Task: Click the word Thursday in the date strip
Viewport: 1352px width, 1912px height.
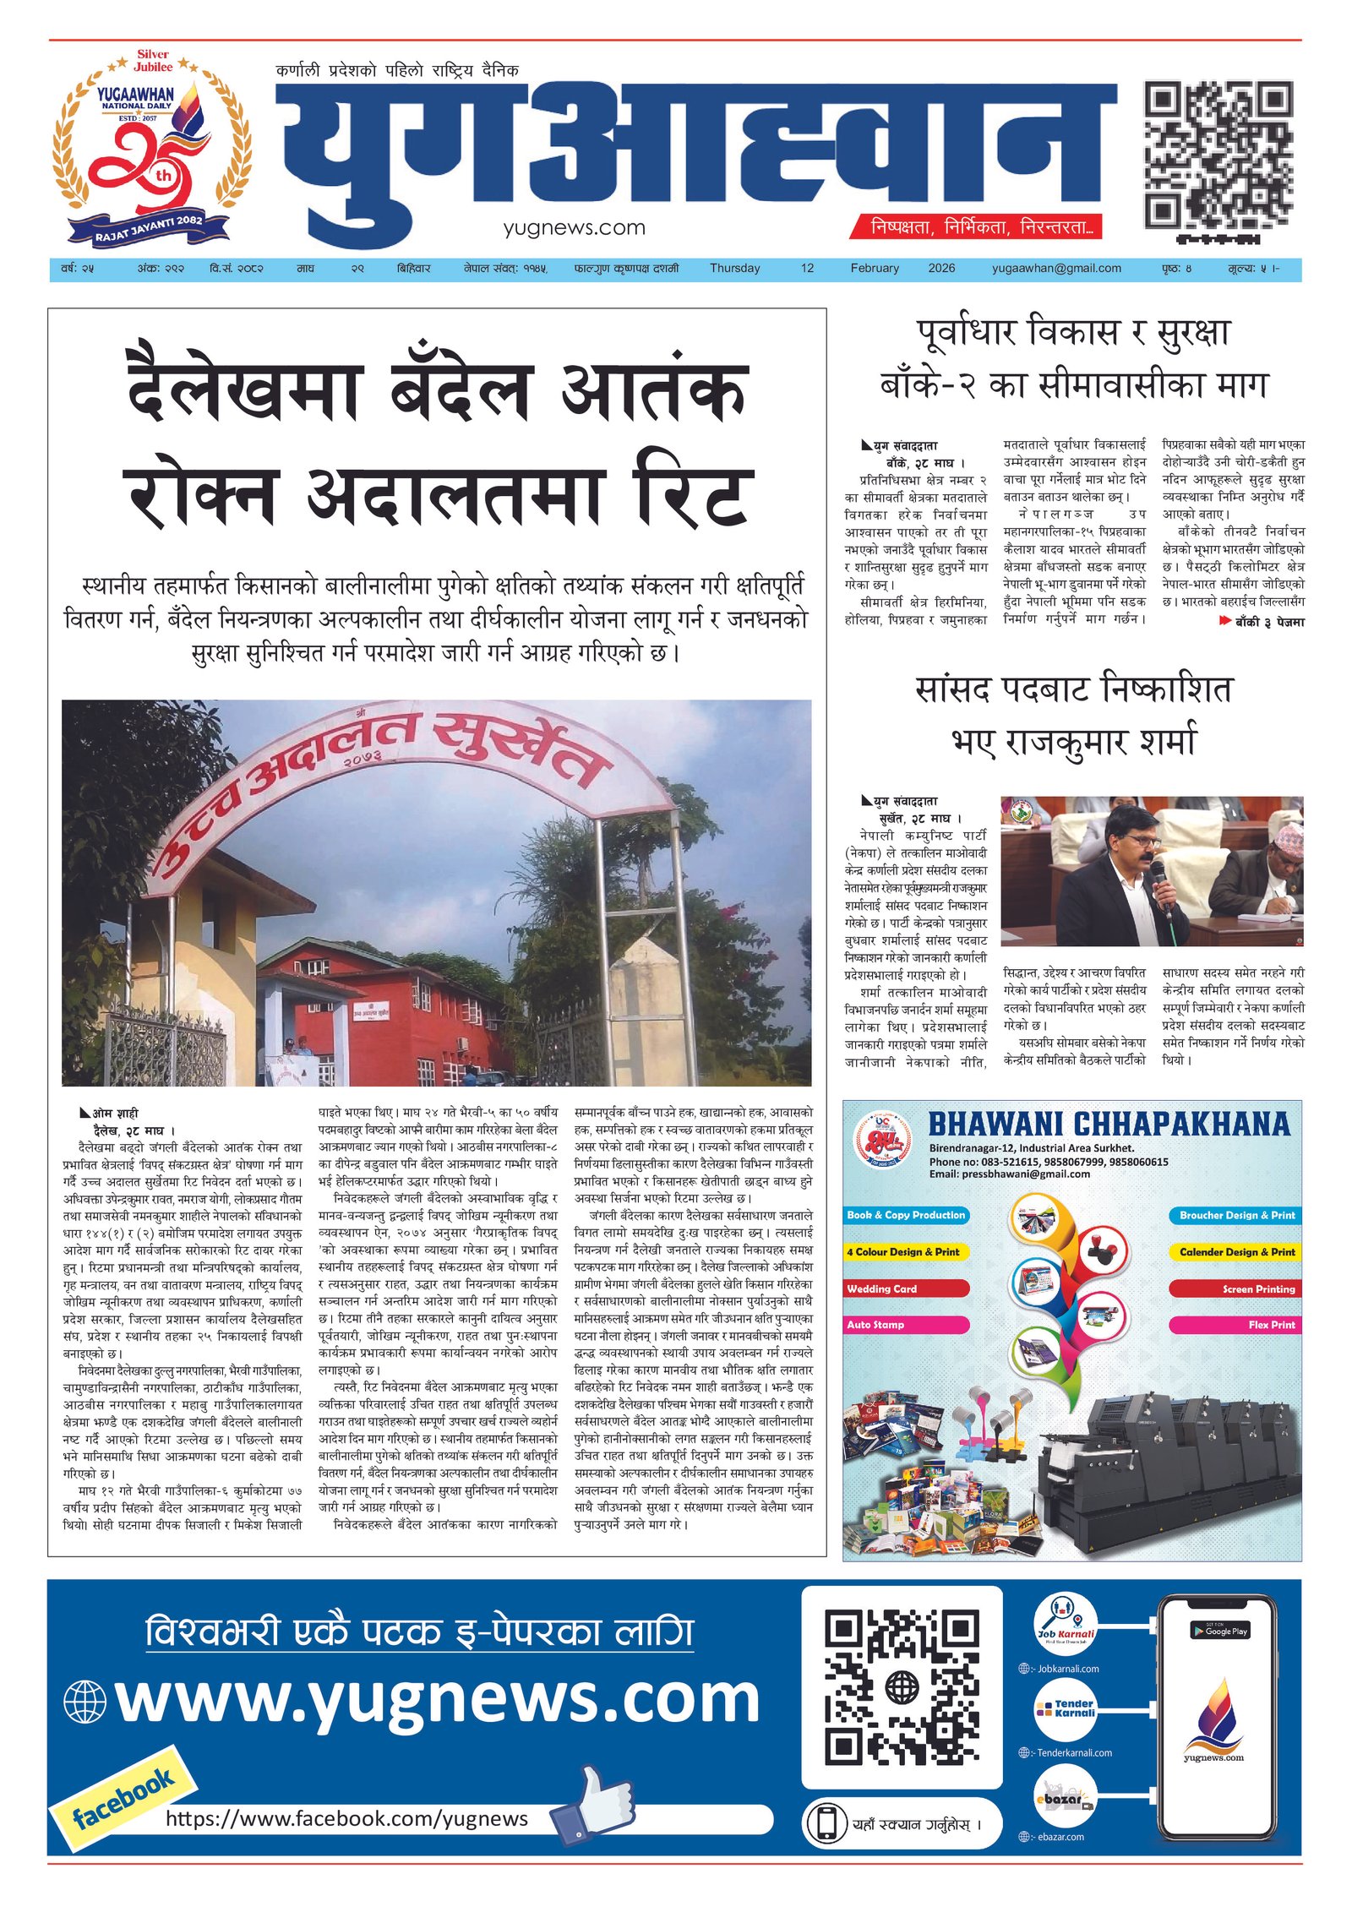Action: pos(734,269)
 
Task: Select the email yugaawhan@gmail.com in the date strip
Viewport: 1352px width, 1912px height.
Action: pos(1056,269)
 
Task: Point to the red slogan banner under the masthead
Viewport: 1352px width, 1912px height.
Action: pos(985,227)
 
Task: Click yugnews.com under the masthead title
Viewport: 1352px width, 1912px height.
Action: pos(574,228)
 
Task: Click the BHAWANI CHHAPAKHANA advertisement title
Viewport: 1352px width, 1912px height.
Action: pos(1109,1125)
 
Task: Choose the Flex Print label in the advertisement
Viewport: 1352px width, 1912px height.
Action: pos(1271,1325)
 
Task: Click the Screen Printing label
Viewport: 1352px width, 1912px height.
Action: pos(1258,1289)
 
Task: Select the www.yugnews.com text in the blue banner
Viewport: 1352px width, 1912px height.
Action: pos(438,1698)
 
